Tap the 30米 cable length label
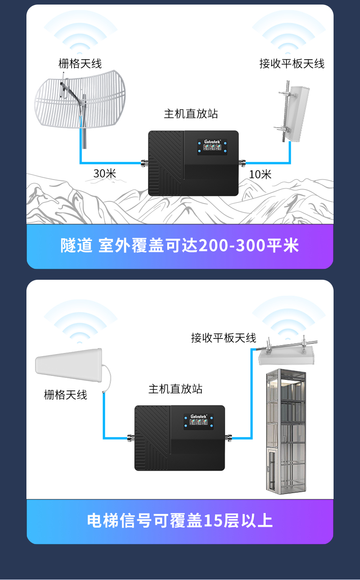(105, 173)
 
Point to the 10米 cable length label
(260, 174)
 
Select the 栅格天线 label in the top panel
(80, 64)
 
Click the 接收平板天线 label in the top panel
(292, 64)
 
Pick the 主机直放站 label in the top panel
(191, 114)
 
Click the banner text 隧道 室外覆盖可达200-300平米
(180, 246)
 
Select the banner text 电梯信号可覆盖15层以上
(180, 521)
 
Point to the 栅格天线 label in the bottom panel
(66, 395)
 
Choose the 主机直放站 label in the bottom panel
(175, 389)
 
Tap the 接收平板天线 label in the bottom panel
(223, 338)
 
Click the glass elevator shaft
(286, 431)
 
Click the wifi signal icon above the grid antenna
(80, 34)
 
